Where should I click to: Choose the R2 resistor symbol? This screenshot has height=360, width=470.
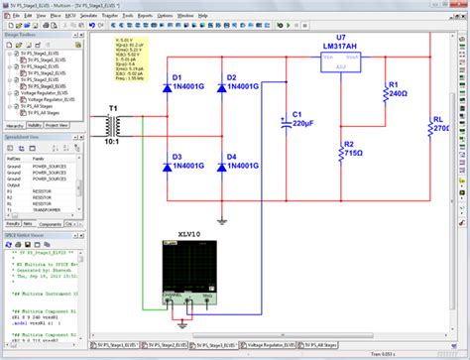tap(340, 151)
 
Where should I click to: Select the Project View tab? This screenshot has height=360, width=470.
tap(57, 125)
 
